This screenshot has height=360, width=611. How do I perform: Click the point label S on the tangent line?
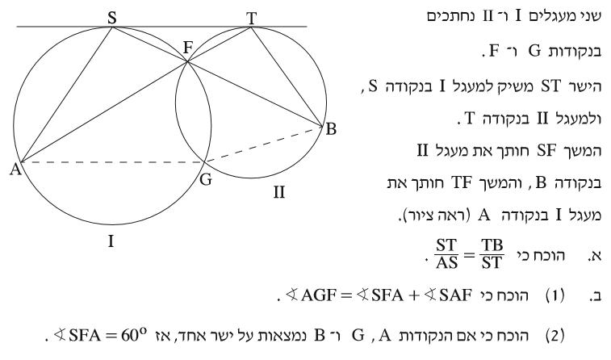tap(112, 18)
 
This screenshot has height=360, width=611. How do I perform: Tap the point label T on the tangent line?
tap(251, 18)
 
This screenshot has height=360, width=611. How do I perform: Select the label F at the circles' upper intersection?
tap(188, 48)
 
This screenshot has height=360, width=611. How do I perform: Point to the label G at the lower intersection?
tap(206, 180)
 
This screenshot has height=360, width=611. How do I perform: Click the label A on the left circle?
tap(15, 170)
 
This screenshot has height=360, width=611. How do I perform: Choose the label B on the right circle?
tap(331, 129)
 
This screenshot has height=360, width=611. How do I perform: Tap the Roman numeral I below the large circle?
tap(111, 241)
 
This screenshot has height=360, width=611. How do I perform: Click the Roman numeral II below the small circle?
tap(279, 192)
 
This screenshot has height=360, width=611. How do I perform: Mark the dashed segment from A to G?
tap(113, 161)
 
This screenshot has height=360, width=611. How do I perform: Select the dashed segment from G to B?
tap(264, 144)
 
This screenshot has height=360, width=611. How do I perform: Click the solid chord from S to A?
tap(66, 94)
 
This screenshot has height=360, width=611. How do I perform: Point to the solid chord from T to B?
tap(287, 77)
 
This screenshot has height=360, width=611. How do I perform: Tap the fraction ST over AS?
tap(446, 254)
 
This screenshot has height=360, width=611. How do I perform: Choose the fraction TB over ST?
tap(492, 254)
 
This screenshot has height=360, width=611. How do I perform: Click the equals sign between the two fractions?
tap(469, 255)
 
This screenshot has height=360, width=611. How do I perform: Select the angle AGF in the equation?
tap(311, 295)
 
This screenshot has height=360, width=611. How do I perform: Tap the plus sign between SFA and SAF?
tap(414, 296)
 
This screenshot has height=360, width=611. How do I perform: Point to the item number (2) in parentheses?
tap(555, 336)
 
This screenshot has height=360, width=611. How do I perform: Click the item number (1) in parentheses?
tap(555, 296)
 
